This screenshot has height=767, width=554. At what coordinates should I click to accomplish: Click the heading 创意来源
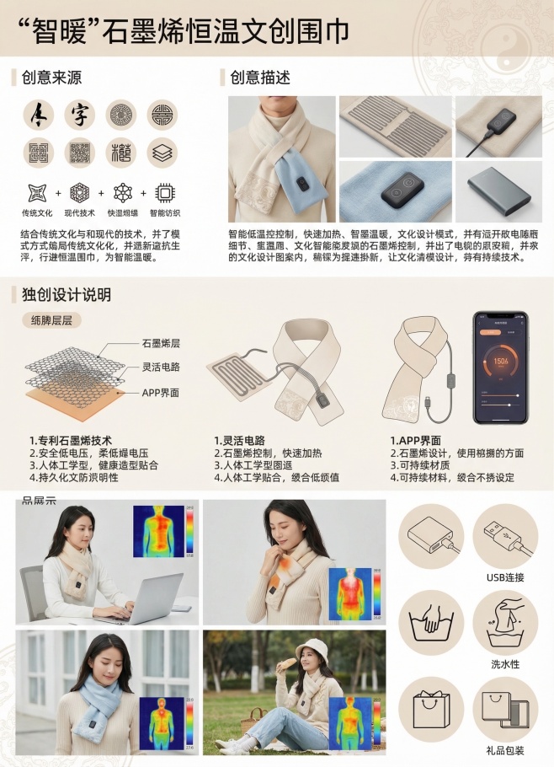point(51,78)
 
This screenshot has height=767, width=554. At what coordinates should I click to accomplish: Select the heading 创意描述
point(260,78)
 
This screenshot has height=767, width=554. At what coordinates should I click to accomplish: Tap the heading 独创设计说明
point(66,295)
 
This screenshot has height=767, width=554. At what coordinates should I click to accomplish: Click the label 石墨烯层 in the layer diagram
point(161,343)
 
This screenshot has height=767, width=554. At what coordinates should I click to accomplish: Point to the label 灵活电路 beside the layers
point(161,367)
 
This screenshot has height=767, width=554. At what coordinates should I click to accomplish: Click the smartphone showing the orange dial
point(500,368)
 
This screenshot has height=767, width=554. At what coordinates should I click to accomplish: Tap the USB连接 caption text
point(505,577)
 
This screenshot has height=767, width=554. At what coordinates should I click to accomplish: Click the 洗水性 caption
point(505,663)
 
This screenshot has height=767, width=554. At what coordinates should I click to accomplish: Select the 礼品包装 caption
point(505,749)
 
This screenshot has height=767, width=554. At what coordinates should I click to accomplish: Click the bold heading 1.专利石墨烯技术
point(70,441)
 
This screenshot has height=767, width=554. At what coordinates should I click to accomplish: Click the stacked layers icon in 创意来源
point(162,153)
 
